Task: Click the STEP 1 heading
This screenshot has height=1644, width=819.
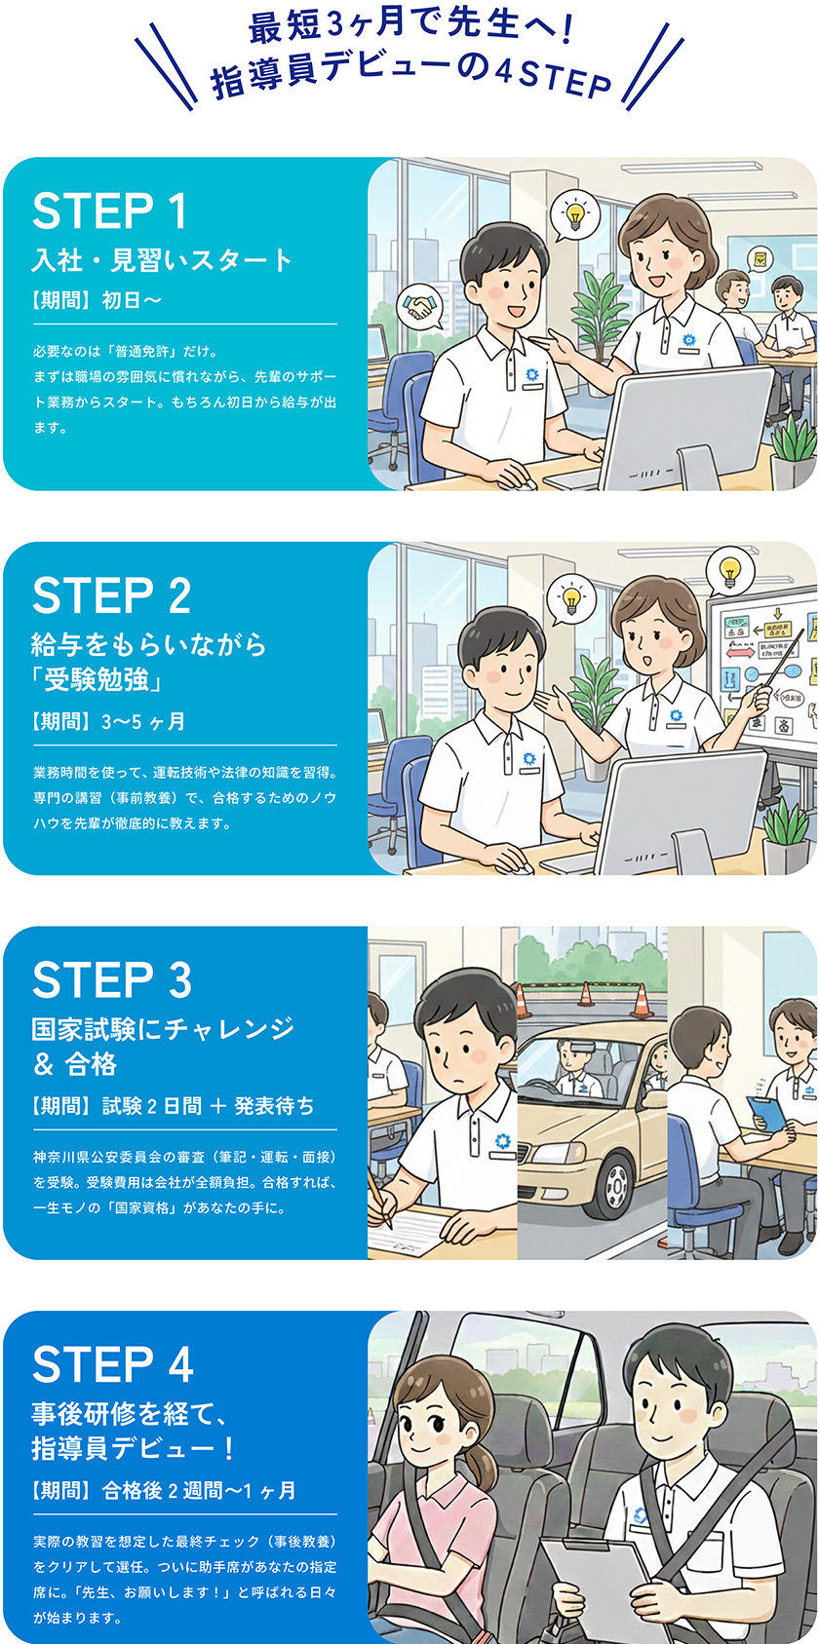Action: (x=109, y=211)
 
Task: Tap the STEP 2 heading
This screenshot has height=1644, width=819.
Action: (x=112, y=595)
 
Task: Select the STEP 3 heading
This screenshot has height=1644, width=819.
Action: (x=112, y=979)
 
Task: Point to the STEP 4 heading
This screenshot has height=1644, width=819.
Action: (x=112, y=1364)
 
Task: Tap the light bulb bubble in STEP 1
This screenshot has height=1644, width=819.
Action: (x=573, y=215)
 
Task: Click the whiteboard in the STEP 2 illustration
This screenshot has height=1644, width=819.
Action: (x=763, y=675)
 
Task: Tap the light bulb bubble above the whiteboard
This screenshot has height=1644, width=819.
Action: (x=729, y=571)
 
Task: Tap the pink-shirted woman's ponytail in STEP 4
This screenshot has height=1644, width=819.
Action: (x=481, y=1461)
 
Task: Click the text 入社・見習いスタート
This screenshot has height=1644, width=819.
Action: (x=162, y=260)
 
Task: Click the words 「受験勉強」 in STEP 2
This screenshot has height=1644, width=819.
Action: (x=97, y=680)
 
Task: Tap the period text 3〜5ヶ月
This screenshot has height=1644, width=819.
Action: (x=143, y=721)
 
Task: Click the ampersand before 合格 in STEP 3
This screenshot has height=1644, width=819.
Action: (x=44, y=1064)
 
